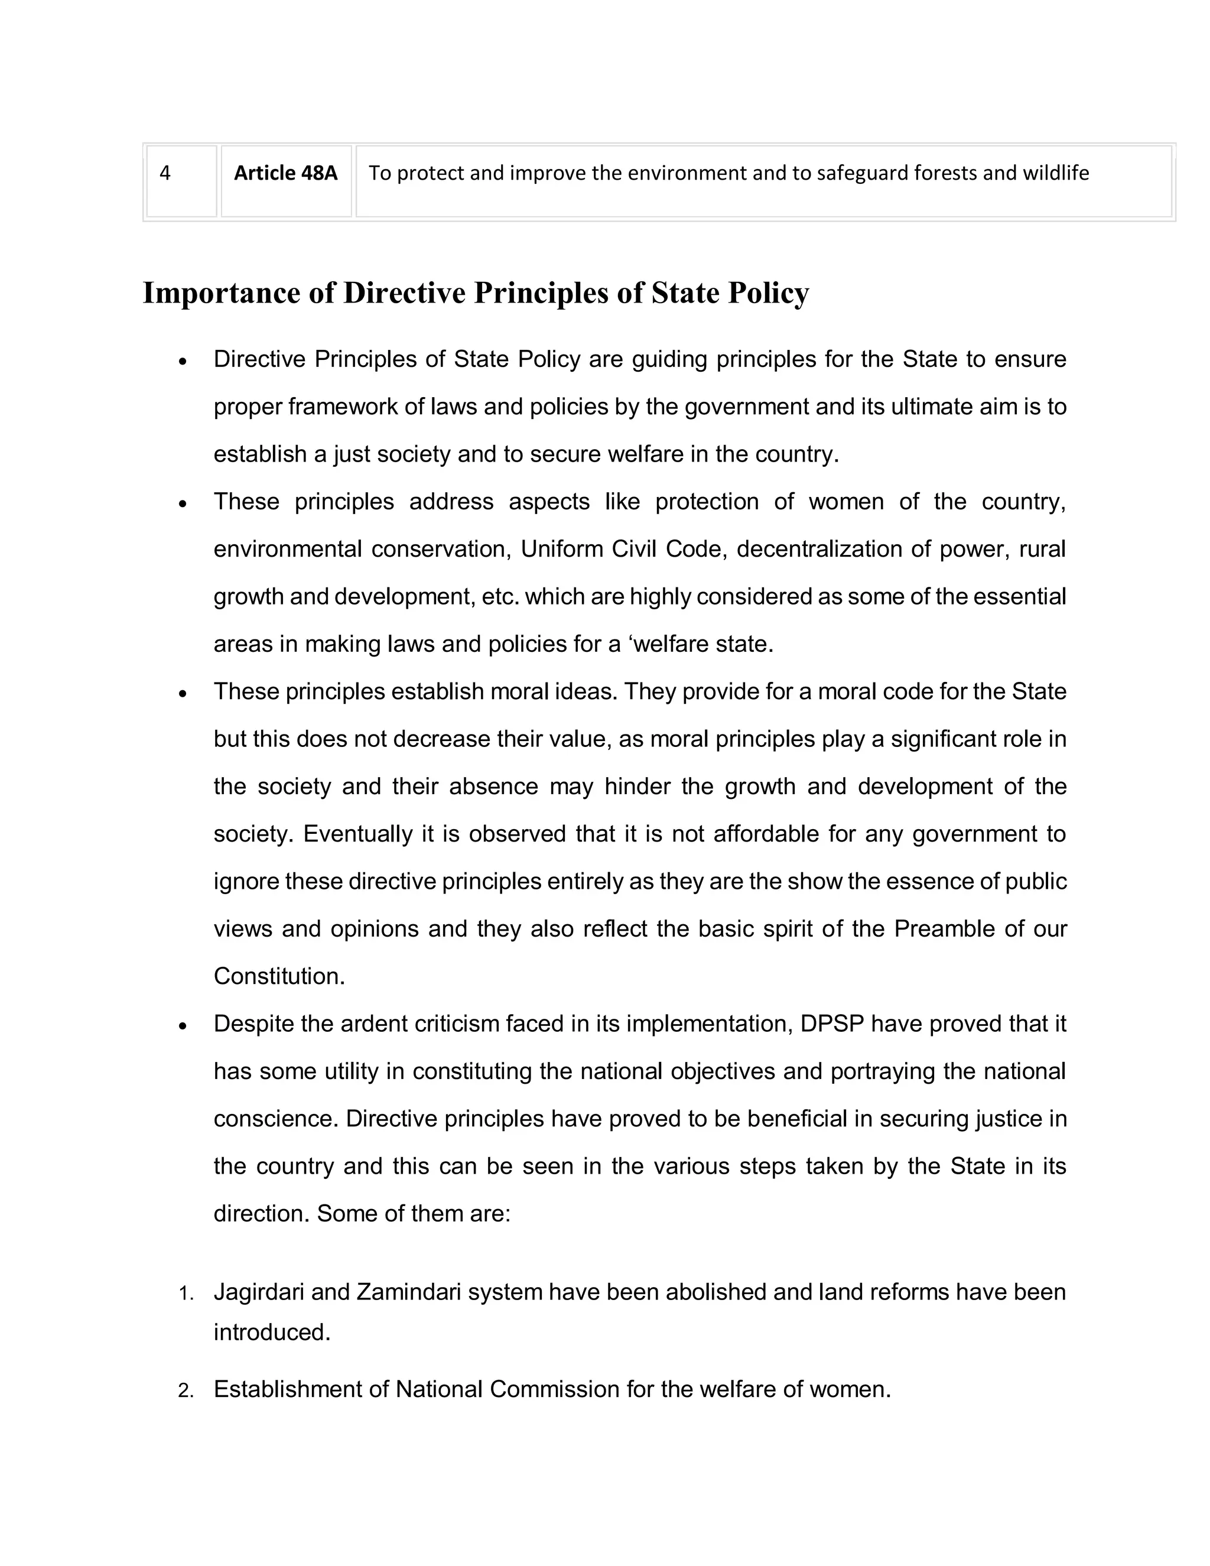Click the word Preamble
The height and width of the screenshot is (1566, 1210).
945,930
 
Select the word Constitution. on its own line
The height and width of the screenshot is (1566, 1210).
279,977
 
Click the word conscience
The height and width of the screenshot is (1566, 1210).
275,1119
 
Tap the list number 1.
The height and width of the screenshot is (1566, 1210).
186,1294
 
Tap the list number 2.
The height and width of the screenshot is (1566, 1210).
186,1392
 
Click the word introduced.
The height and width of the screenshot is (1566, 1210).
272,1332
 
